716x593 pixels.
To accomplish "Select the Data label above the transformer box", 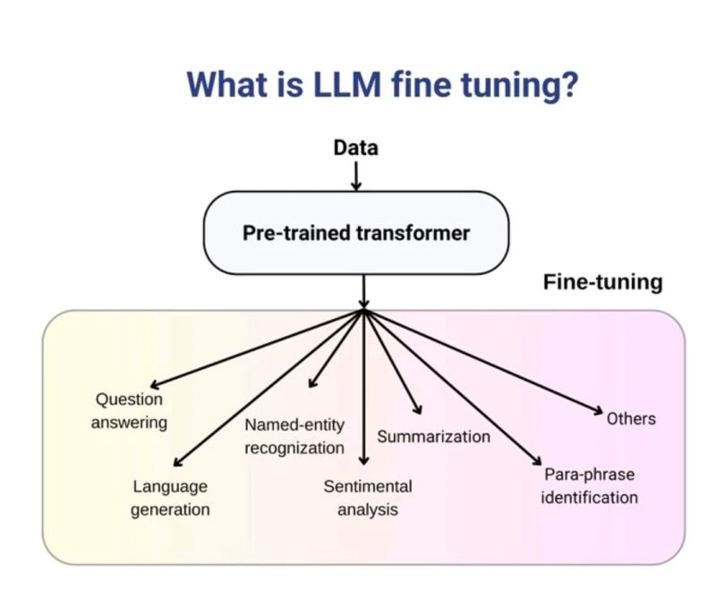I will click(355, 148).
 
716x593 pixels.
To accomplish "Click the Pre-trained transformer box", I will click(356, 233).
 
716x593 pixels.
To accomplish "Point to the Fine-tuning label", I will click(603, 282).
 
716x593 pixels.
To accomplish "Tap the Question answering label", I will click(129, 411).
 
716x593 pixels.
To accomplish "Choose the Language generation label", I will click(170, 498).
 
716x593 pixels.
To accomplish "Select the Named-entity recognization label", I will click(294, 435).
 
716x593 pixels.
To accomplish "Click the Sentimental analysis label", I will click(368, 498).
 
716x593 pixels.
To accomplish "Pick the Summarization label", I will click(433, 437).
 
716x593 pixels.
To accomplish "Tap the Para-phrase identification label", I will click(589, 486).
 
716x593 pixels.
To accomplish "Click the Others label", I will click(631, 418).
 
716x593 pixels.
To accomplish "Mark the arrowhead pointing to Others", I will click(597, 412).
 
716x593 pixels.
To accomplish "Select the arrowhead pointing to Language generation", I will click(176, 462).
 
